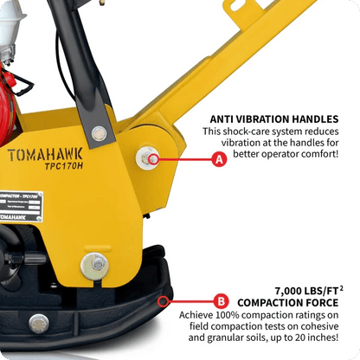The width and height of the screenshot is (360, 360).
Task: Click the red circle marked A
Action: (220, 159)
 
